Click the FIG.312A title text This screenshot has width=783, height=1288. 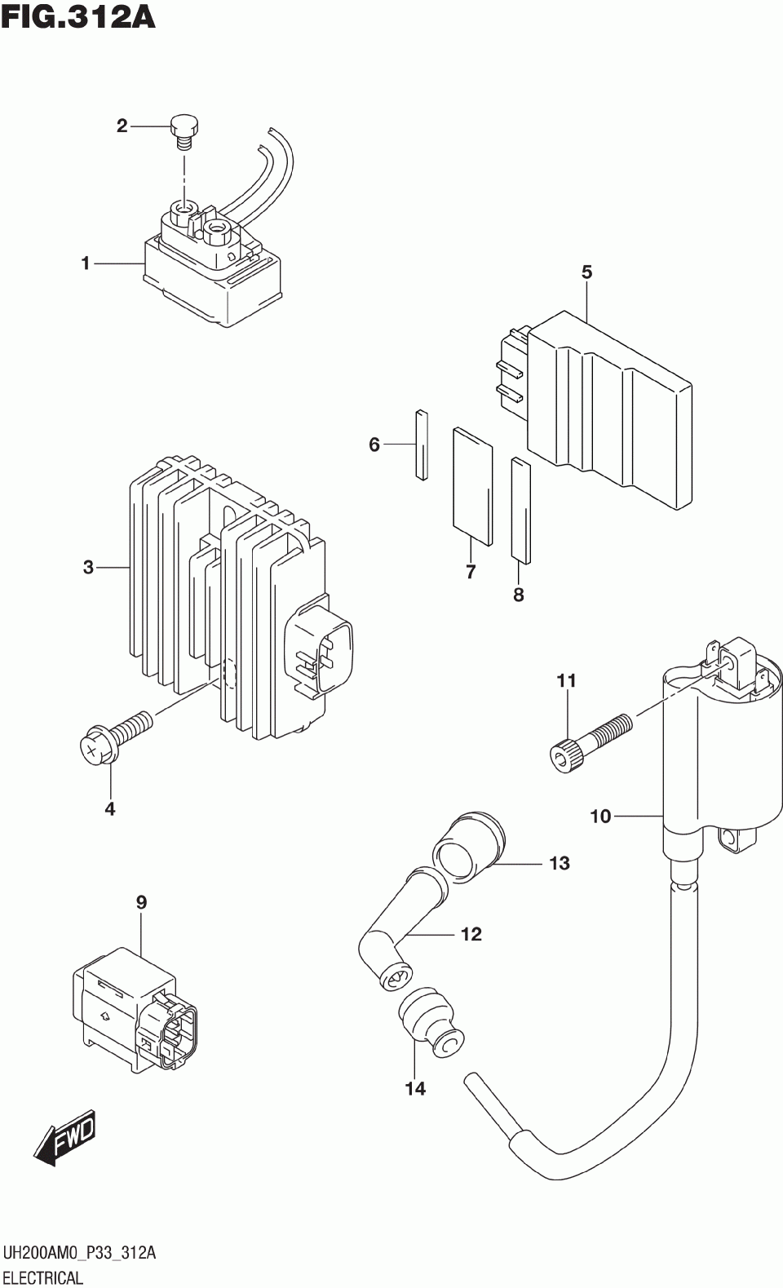(x=78, y=16)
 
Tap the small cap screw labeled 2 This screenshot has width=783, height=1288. (x=185, y=131)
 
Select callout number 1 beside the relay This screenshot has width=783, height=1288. (x=85, y=263)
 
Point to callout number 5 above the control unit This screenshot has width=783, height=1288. (x=586, y=272)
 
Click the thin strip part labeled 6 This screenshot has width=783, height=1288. (x=421, y=444)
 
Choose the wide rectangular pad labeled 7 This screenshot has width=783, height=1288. (x=473, y=485)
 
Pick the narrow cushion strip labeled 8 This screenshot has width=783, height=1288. (x=520, y=511)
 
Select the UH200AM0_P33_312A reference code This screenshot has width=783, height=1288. (x=79, y=1253)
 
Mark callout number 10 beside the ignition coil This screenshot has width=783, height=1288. (x=600, y=816)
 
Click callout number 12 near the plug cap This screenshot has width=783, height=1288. (x=471, y=934)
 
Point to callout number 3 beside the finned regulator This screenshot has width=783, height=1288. (x=88, y=567)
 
